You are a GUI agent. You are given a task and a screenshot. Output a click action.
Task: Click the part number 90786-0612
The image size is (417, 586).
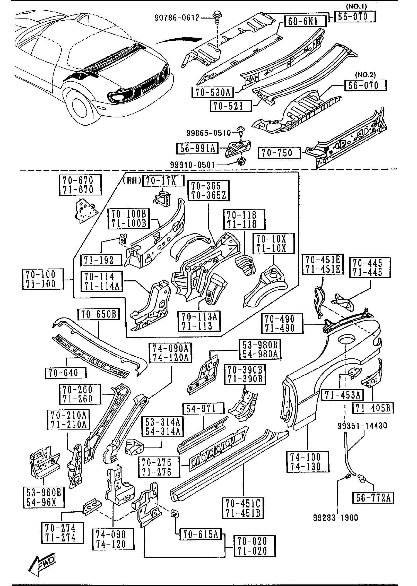coord(177,18)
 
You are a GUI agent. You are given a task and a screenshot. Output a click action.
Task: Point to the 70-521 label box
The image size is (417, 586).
coord(230,106)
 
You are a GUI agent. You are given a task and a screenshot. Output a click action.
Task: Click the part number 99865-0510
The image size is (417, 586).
coord(209,133)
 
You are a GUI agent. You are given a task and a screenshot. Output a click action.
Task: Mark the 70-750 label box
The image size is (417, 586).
coord(279,153)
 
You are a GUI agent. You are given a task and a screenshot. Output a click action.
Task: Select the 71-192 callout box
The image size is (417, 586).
coord(101,260)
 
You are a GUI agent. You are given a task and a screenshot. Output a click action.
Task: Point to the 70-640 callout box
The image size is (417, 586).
coord(66,373)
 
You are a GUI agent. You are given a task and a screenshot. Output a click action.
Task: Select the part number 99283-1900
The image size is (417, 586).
coord(336,518)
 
